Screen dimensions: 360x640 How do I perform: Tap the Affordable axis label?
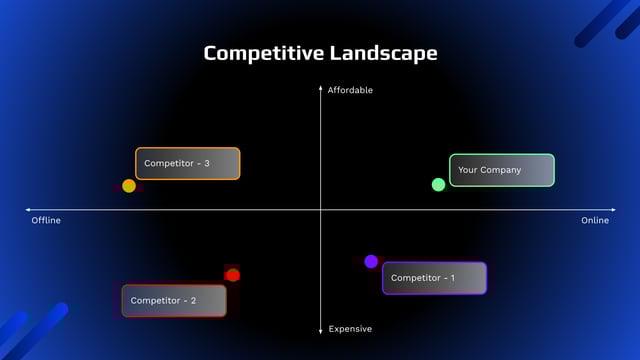coord(350,90)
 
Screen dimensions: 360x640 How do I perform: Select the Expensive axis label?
coord(350,329)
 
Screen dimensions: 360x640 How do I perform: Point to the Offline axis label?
coord(46,220)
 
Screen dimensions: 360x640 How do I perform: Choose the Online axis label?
coord(594,220)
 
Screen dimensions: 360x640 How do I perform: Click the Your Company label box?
coord(502,170)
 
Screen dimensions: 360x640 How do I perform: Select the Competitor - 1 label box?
coord(434,278)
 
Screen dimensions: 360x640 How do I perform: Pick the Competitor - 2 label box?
coord(174,300)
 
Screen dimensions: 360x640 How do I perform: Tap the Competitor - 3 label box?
coord(188,163)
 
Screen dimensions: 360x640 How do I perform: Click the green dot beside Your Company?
coord(438,185)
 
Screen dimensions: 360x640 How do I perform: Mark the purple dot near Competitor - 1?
coord(371,262)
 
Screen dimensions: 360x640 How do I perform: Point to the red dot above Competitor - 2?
coord(233,275)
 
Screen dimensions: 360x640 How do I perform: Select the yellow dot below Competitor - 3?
coord(129,186)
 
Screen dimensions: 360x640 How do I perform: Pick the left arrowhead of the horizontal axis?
coord(28,210)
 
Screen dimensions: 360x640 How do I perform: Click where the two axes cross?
coord(321,210)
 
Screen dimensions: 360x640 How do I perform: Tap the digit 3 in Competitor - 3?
coord(206,163)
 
